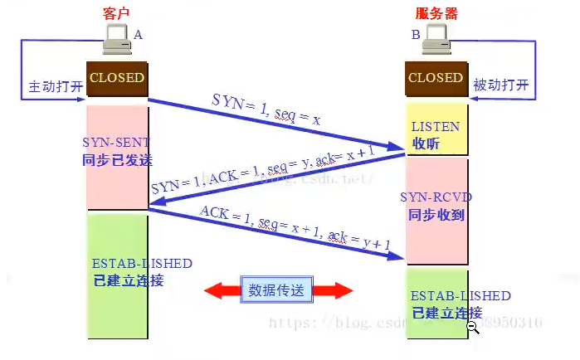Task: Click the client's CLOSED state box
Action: (117, 78)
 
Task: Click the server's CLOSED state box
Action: (436, 78)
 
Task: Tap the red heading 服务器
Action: (436, 14)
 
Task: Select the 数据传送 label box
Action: (278, 289)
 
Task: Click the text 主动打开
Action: (56, 86)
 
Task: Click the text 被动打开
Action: (500, 85)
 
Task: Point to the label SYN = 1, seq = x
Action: (266, 109)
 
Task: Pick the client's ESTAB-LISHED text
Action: (142, 264)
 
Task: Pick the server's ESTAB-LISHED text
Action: (461, 296)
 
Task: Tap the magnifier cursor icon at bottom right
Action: (473, 328)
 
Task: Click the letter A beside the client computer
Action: (139, 34)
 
